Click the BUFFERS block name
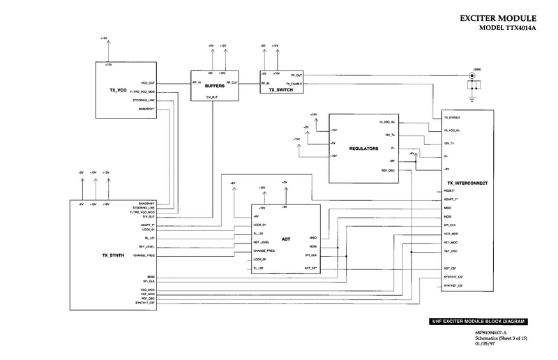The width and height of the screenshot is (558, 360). pos(214,86)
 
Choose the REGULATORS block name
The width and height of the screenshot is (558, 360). pos(363,149)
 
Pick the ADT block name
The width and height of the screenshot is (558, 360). pos(285,237)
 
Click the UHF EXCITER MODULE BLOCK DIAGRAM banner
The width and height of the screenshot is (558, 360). pos(478,322)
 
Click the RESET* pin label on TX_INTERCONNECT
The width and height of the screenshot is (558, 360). pos(450,190)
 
